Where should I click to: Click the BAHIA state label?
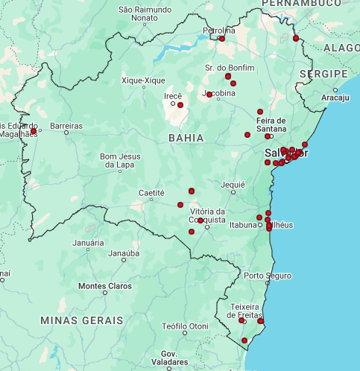click(x=186, y=138)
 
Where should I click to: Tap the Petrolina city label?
click(x=218, y=31)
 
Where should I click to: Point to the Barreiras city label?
click(x=66, y=127)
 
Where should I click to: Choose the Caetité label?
click(x=151, y=192)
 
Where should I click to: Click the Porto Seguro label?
click(x=268, y=276)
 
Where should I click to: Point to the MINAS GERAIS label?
click(x=82, y=320)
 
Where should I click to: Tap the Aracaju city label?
click(x=335, y=98)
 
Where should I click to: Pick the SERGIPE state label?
click(x=323, y=74)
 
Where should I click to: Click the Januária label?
click(x=88, y=243)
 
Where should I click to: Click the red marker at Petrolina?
click(x=221, y=39)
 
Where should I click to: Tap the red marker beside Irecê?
click(x=180, y=105)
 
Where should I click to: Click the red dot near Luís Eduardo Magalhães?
click(x=34, y=131)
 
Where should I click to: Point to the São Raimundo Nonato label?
click(x=145, y=14)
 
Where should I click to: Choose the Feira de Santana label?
click(x=271, y=125)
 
